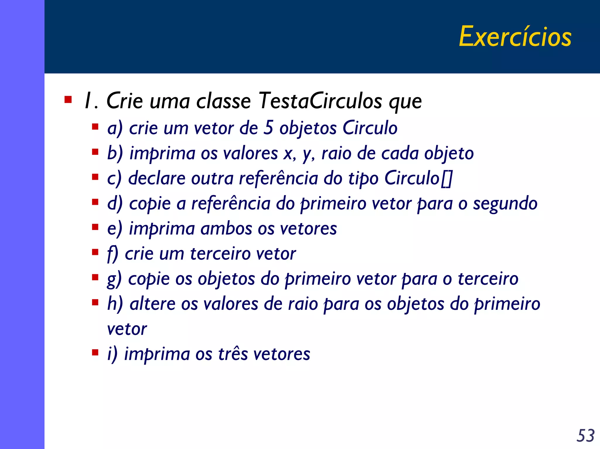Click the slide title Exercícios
(515, 37)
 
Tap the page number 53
(585, 436)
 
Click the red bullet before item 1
(68, 100)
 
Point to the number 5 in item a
(268, 128)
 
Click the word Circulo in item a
(370, 128)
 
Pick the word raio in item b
(336, 153)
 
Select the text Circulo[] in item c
(418, 178)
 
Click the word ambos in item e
(226, 228)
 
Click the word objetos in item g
(226, 279)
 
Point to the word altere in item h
(153, 304)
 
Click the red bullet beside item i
(95, 352)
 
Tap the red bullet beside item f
(95, 252)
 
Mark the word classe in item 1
(223, 101)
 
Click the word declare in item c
(157, 178)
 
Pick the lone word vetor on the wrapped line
(127, 329)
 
